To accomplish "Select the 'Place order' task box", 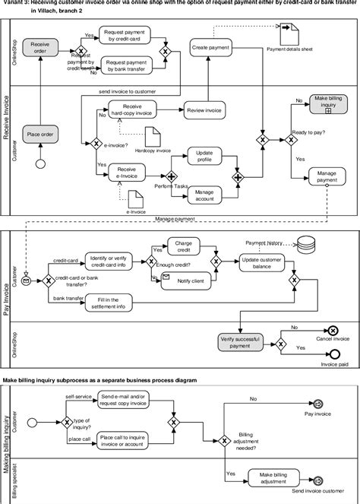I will pyautogui.click(x=39, y=134).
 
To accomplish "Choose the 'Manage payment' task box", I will pyautogui.click(x=327, y=176).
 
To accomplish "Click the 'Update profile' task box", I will pyautogui.click(x=204, y=156).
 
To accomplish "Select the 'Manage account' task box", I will pyautogui.click(x=204, y=195).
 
